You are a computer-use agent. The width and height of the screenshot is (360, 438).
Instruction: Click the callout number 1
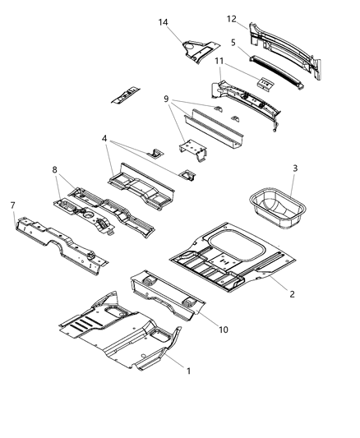pyautogui.click(x=190, y=371)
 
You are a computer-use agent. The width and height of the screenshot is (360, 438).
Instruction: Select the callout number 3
pyautogui.click(x=295, y=169)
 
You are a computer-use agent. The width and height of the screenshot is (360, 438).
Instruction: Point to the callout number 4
pyautogui.click(x=104, y=141)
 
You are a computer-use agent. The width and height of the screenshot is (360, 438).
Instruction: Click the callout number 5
pyautogui.click(x=234, y=42)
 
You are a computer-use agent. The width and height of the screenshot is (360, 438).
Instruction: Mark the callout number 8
pyautogui.click(x=54, y=171)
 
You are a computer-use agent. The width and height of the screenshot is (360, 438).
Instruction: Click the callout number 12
pyautogui.click(x=232, y=18)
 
